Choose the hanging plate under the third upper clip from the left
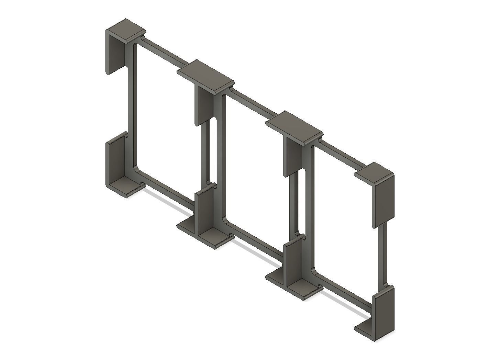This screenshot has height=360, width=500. tap(293, 156)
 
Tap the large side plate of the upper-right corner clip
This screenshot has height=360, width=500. tap(384, 203)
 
